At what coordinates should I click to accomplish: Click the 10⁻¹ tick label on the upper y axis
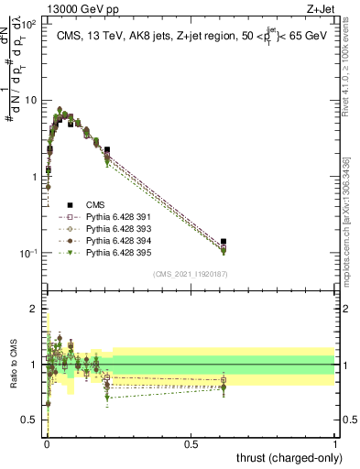point(30,253)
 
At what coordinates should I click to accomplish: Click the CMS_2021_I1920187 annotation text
point(190,274)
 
